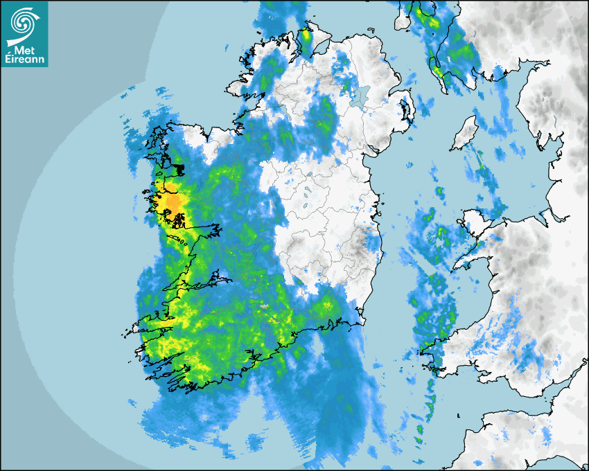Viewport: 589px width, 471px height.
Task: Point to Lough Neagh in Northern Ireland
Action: click(x=359, y=95)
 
